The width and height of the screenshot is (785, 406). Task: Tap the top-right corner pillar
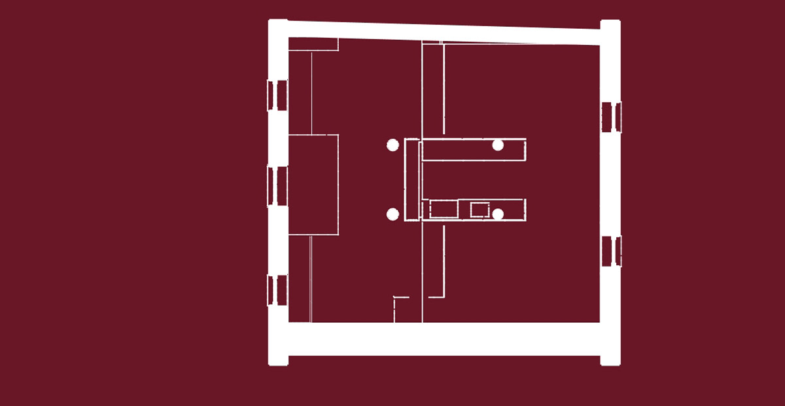pos(610,30)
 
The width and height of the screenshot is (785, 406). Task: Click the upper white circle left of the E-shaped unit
pos(392,145)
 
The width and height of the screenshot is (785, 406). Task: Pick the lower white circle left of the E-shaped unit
pos(392,214)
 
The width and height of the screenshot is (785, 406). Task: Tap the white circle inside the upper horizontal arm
pos(498,145)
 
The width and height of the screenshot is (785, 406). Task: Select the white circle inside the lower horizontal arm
pos(498,213)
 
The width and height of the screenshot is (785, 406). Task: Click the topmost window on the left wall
pos(278,95)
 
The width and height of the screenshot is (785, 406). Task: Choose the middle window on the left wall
pos(278,186)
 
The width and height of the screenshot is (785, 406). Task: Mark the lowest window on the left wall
pos(278,290)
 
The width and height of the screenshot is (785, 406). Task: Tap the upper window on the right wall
pos(611,117)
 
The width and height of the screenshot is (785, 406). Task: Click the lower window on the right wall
pos(611,251)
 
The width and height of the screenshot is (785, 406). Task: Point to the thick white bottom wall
pos(445,339)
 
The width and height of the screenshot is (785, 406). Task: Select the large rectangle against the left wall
pos(313,184)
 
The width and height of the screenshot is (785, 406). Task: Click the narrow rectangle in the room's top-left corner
pos(313,44)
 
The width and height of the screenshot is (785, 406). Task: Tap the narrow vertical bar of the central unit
pos(411,179)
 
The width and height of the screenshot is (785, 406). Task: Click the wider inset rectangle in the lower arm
pos(444,210)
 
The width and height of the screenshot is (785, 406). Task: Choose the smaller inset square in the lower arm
pos(480,210)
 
